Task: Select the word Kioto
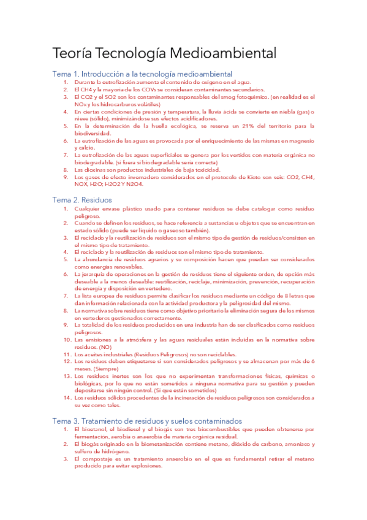pyautogui.click(x=247, y=177)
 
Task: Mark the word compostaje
pyautogui.click(x=95, y=458)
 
